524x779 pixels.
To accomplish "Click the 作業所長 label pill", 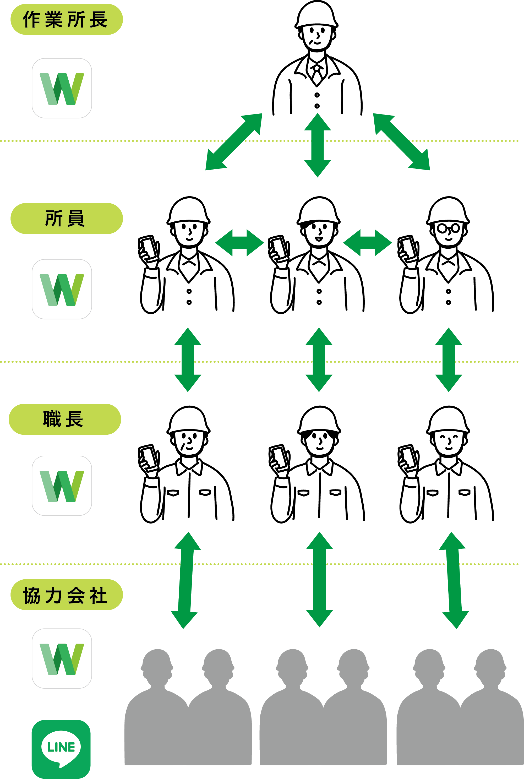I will (67, 19).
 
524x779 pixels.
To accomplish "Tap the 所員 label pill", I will (67, 218).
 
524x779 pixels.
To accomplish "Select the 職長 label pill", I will (65, 419).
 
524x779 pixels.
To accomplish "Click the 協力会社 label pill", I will (67, 595).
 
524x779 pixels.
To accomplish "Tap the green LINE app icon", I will (61, 749).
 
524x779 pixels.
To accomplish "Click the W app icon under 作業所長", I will (62, 88).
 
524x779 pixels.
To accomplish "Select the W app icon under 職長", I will (62, 486).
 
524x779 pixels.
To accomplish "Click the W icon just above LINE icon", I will (62, 658).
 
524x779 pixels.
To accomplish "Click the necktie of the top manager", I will (317, 74).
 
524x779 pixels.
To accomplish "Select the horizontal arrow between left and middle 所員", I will (239, 243).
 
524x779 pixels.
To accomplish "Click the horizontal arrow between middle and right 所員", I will (367, 243).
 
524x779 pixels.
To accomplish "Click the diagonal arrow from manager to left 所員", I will (234, 142).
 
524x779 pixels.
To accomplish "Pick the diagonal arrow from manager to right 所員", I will (401, 142).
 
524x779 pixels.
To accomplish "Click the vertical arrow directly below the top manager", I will (318, 145).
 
